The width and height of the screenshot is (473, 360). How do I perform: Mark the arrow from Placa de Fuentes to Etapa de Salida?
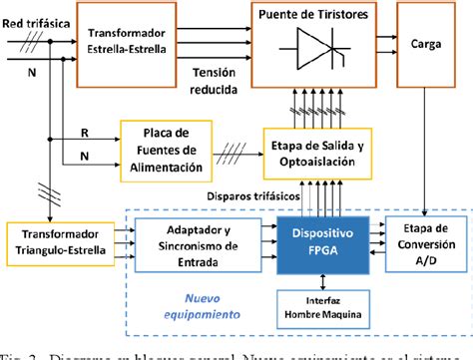234,150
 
